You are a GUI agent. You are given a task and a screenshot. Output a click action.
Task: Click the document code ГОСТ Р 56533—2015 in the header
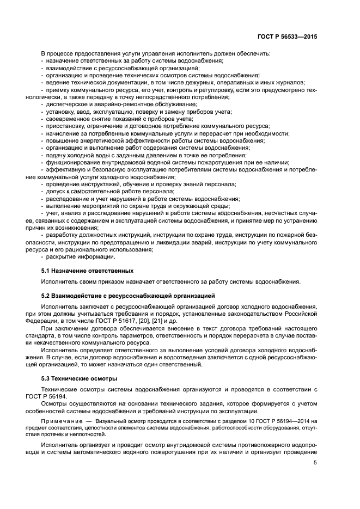pos(287,37)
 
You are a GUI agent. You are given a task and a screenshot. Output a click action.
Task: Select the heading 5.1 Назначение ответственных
pos(87,271)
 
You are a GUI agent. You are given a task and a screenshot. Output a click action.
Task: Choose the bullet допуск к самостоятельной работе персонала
pos(102,192)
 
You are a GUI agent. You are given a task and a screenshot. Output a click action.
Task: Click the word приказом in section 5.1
pos(109,281)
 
